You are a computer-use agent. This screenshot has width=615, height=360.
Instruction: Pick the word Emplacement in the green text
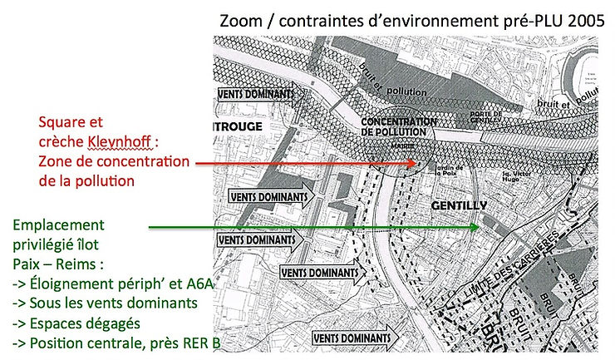pos(58,225)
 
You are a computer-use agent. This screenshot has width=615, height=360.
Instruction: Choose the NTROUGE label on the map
pos(239,127)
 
